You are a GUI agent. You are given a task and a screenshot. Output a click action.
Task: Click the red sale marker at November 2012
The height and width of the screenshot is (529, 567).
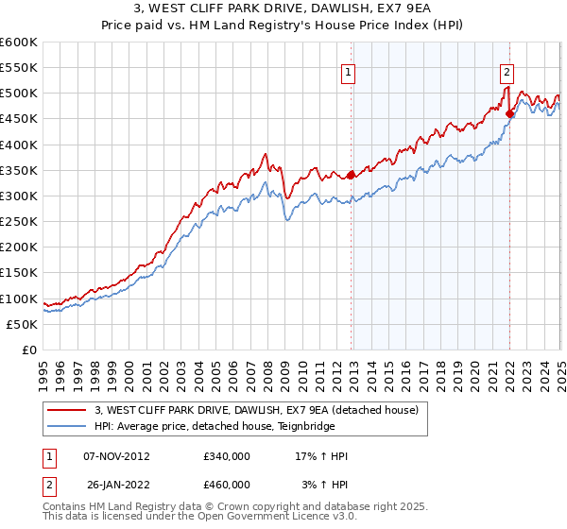pos(352,175)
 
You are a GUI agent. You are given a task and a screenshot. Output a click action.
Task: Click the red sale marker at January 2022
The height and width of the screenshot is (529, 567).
pos(510,113)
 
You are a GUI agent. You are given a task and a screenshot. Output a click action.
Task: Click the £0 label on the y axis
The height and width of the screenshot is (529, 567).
pos(30,350)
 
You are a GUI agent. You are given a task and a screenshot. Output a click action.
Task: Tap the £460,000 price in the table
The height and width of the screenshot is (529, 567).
pos(227,485)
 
